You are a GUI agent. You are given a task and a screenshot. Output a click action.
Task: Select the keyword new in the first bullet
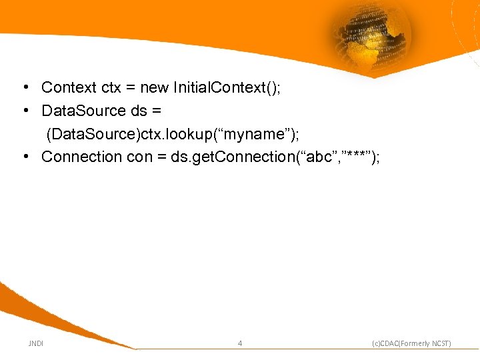tap(155, 87)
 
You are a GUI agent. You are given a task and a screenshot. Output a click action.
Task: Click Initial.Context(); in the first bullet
tap(227, 87)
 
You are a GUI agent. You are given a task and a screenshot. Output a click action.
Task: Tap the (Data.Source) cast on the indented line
tap(91, 133)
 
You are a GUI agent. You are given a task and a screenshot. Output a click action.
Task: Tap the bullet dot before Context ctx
tap(24, 87)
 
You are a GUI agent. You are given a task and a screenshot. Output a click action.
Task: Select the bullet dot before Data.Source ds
tap(24, 110)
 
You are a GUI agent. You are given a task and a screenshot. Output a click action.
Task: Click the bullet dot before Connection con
tap(24, 157)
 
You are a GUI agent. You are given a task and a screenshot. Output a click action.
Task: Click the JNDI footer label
tap(35, 343)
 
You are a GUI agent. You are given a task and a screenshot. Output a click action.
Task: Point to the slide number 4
tap(240, 343)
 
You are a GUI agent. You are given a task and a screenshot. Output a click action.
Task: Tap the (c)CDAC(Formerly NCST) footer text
tap(411, 343)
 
